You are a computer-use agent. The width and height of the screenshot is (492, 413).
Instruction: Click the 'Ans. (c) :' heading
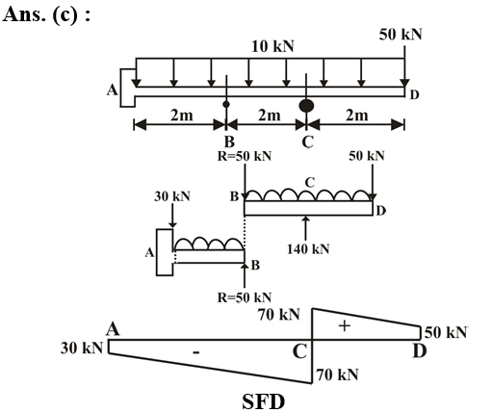tap(46, 14)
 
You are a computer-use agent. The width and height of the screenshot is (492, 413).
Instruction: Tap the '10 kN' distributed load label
tap(272, 46)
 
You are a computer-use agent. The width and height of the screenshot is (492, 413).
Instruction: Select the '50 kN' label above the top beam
tap(401, 35)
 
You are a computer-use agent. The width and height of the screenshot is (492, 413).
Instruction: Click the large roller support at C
tap(306, 106)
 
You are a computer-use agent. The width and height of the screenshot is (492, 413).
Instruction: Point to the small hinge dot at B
tap(226, 104)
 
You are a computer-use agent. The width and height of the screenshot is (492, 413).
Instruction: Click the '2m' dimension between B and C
tap(269, 115)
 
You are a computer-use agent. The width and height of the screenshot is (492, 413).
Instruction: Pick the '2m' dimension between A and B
tap(182, 115)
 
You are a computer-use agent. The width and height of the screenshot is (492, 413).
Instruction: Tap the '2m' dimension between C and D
tap(356, 115)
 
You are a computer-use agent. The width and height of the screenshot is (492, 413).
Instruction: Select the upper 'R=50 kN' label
tap(245, 156)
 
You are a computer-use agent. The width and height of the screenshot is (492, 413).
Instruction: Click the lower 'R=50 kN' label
tap(245, 297)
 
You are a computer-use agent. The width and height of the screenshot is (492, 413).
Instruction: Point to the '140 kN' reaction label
tap(308, 249)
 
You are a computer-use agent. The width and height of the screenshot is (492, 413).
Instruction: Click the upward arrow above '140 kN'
tap(306, 228)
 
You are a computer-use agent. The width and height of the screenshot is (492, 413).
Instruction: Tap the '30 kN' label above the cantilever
tap(172, 196)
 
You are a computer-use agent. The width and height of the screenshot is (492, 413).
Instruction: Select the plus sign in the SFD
tap(345, 326)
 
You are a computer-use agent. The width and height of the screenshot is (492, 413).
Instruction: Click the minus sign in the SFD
tap(196, 353)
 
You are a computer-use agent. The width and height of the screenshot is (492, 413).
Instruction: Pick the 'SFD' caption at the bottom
tap(263, 401)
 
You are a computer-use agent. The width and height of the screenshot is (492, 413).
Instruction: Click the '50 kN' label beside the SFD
tap(446, 332)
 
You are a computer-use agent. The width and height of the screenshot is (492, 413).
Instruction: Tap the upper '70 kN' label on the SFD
tap(279, 315)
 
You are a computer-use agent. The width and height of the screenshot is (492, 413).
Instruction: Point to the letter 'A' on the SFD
tap(113, 329)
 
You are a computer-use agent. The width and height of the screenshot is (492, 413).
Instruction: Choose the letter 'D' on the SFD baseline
tap(420, 351)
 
